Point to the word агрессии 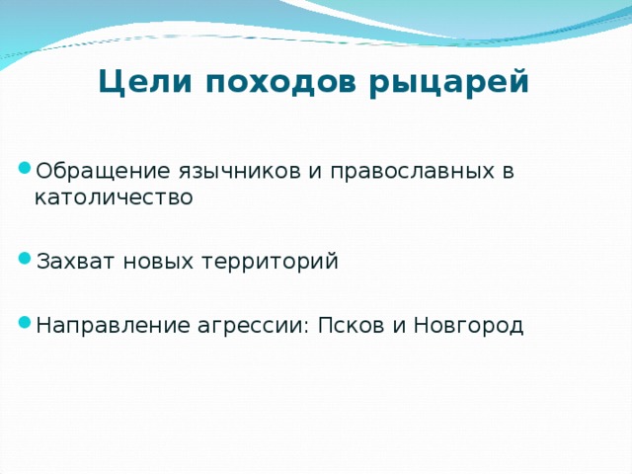[x=252, y=326]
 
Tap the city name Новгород [x=467, y=326]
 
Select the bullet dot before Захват [x=26, y=257]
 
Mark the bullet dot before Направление [x=26, y=321]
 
